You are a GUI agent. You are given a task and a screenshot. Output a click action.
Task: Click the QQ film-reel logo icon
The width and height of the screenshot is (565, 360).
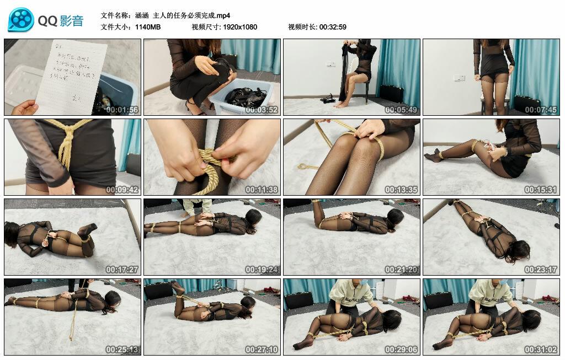point(21,20)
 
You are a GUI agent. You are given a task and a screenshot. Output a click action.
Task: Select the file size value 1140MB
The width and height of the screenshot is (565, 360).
point(148,26)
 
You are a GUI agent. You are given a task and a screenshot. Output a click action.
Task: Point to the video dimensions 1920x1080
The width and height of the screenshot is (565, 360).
point(240,26)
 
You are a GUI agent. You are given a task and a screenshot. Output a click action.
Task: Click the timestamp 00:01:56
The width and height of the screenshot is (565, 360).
point(122,110)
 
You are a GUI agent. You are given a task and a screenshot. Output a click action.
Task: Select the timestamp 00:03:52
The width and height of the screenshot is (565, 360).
point(262,110)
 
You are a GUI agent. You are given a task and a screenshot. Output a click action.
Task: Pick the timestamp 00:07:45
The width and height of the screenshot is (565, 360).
point(541,110)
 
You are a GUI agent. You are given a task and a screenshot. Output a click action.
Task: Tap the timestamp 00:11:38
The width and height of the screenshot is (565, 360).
point(262,190)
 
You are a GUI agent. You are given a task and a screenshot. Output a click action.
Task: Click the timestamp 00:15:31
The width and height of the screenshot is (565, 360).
point(541,190)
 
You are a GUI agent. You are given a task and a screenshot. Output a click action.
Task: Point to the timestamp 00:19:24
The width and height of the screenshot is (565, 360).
point(262,270)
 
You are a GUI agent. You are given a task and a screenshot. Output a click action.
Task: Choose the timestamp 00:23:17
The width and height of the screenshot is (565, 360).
point(541,270)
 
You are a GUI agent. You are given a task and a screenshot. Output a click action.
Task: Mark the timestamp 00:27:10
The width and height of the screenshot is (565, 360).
point(262,350)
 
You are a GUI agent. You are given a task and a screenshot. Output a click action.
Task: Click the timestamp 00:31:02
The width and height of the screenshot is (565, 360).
point(541,350)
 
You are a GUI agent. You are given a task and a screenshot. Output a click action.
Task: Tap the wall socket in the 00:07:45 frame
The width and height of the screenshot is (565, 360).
point(459,78)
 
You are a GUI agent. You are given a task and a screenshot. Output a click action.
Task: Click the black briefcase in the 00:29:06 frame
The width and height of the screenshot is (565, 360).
point(299,300)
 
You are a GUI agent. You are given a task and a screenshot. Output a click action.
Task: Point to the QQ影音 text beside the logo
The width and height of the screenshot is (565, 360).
point(61,21)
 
